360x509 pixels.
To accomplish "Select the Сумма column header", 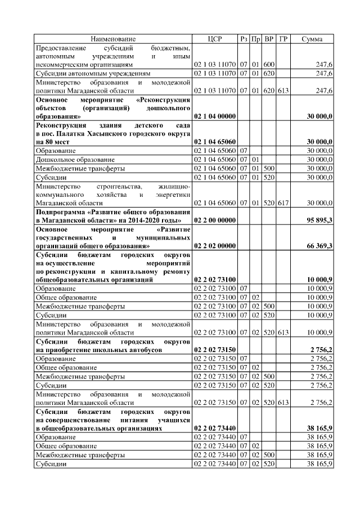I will tap(312, 39).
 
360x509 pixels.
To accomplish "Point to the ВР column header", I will tap(269, 39).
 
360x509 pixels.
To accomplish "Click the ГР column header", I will tap(283, 39).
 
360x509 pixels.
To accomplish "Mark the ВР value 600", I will tap(269, 65).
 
